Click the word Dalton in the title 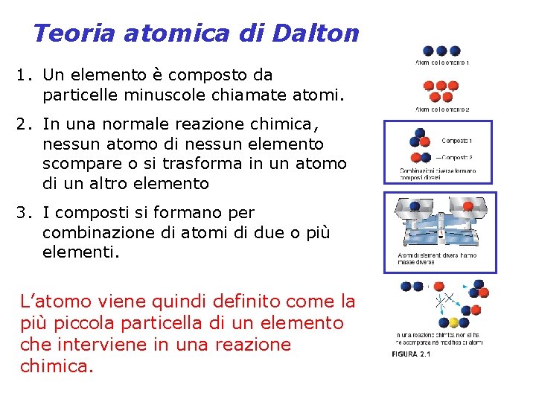[316, 33]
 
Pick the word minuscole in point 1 [151, 95]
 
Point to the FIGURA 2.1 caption [411, 354]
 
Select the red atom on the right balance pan [468, 206]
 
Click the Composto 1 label [456, 140]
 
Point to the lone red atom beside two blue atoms [439, 287]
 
